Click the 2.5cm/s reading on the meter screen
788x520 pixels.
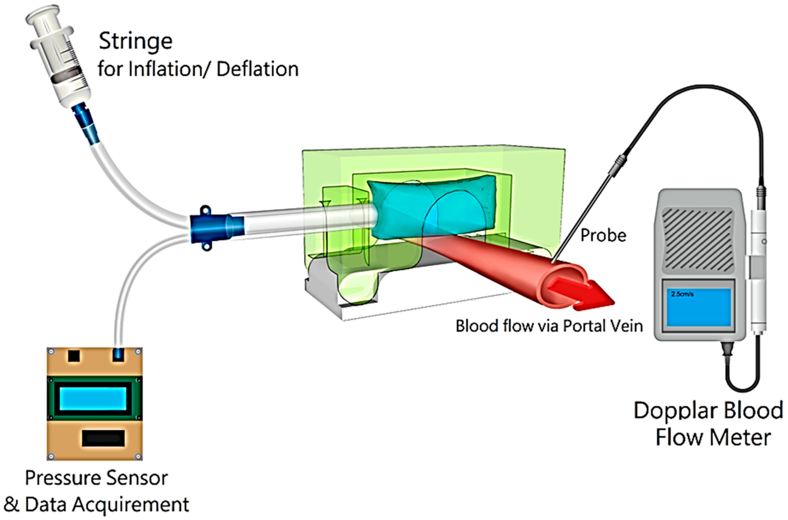tap(682, 294)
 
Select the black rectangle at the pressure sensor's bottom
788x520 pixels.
tap(103, 438)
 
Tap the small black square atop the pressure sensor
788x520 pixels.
tap(74, 356)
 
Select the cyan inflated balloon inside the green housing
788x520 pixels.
tap(431, 207)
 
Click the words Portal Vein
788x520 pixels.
tap(603, 326)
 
